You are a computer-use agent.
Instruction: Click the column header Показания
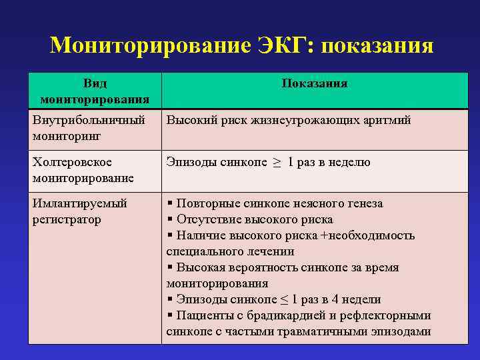coord(315,83)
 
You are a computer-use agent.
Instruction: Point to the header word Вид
coord(94,83)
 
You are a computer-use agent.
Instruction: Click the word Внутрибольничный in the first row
coord(89,120)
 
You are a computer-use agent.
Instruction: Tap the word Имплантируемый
coord(79,203)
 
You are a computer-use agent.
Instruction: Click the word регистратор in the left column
coord(67,219)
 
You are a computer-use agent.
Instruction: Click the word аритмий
coord(385,120)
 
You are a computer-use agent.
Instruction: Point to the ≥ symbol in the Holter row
coord(276,163)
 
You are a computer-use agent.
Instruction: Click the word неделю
coord(349,162)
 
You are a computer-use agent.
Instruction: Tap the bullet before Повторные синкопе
coord(170,203)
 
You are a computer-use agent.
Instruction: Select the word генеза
coord(364,203)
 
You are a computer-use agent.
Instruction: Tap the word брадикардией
coord(279,315)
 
